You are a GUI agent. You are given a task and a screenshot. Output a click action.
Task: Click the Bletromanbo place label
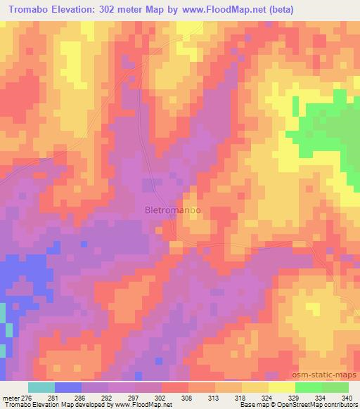[x=172, y=209]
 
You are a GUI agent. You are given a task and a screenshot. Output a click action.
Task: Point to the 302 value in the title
[x=113, y=9]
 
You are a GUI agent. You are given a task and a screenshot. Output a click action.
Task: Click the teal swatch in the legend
[x=41, y=387]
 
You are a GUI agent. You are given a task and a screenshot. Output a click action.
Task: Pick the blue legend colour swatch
[x=68, y=387]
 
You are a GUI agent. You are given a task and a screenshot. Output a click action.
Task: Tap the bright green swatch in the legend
[x=309, y=387]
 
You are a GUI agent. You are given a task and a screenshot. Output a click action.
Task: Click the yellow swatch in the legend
[x=255, y=387]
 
